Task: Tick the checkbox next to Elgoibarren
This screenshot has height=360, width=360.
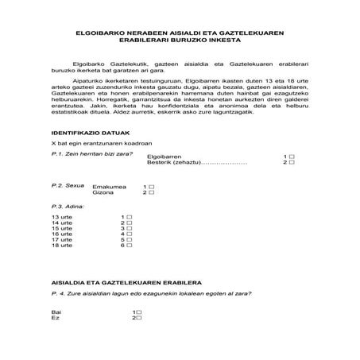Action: (x=292, y=157)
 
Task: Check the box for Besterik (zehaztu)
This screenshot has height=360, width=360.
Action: (x=292, y=163)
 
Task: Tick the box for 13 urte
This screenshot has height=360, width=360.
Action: (x=129, y=217)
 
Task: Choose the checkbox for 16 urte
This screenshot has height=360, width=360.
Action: (x=129, y=234)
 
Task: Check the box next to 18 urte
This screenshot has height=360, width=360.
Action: (x=129, y=246)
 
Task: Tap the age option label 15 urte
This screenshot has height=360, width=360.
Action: (x=61, y=229)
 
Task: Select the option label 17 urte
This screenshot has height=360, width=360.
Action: (x=61, y=241)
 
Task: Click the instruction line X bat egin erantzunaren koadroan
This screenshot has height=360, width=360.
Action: (x=96, y=142)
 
